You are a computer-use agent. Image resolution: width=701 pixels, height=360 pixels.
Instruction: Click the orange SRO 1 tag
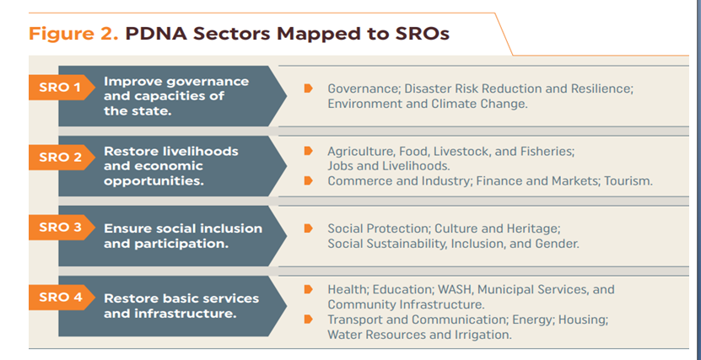(x=62, y=87)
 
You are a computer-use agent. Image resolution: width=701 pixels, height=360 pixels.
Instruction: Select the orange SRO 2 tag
(x=62, y=157)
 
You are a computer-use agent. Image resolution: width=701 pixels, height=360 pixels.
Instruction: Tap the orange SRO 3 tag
(x=62, y=228)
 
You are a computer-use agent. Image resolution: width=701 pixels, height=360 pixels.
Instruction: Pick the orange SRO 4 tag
(x=62, y=298)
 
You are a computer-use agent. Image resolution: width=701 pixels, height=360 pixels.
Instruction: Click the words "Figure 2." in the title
(x=73, y=35)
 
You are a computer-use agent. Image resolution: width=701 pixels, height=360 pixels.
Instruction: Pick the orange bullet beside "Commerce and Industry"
(x=308, y=181)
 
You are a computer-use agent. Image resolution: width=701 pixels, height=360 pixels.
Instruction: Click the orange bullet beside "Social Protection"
(x=308, y=228)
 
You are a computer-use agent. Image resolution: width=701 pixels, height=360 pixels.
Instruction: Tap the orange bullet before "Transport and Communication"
(x=308, y=320)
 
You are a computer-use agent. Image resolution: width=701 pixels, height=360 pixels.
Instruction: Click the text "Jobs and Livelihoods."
(x=389, y=166)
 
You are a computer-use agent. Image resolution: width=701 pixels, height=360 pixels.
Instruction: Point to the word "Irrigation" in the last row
(x=481, y=335)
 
